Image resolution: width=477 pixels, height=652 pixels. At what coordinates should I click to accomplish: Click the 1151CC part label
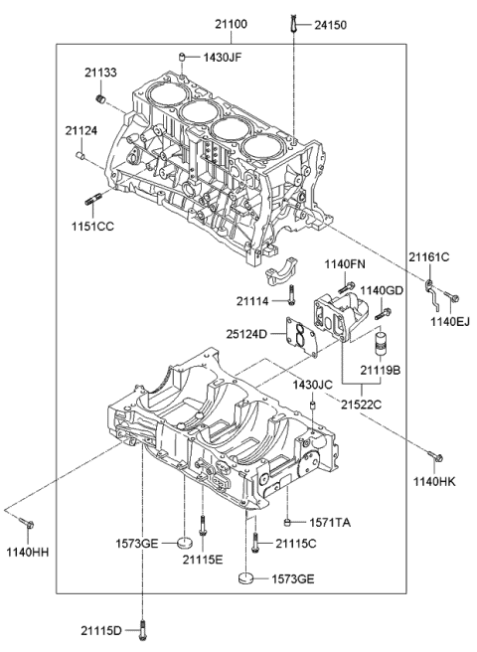(90, 226)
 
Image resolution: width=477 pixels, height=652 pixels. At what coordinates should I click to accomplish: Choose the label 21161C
(428, 258)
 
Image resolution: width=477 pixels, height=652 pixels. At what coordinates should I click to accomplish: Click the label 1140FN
(345, 263)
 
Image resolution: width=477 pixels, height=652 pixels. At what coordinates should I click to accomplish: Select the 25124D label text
(246, 333)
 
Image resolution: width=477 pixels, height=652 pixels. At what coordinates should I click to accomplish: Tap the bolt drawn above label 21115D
(146, 625)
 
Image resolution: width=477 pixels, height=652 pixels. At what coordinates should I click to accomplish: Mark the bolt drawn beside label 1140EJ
(452, 295)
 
